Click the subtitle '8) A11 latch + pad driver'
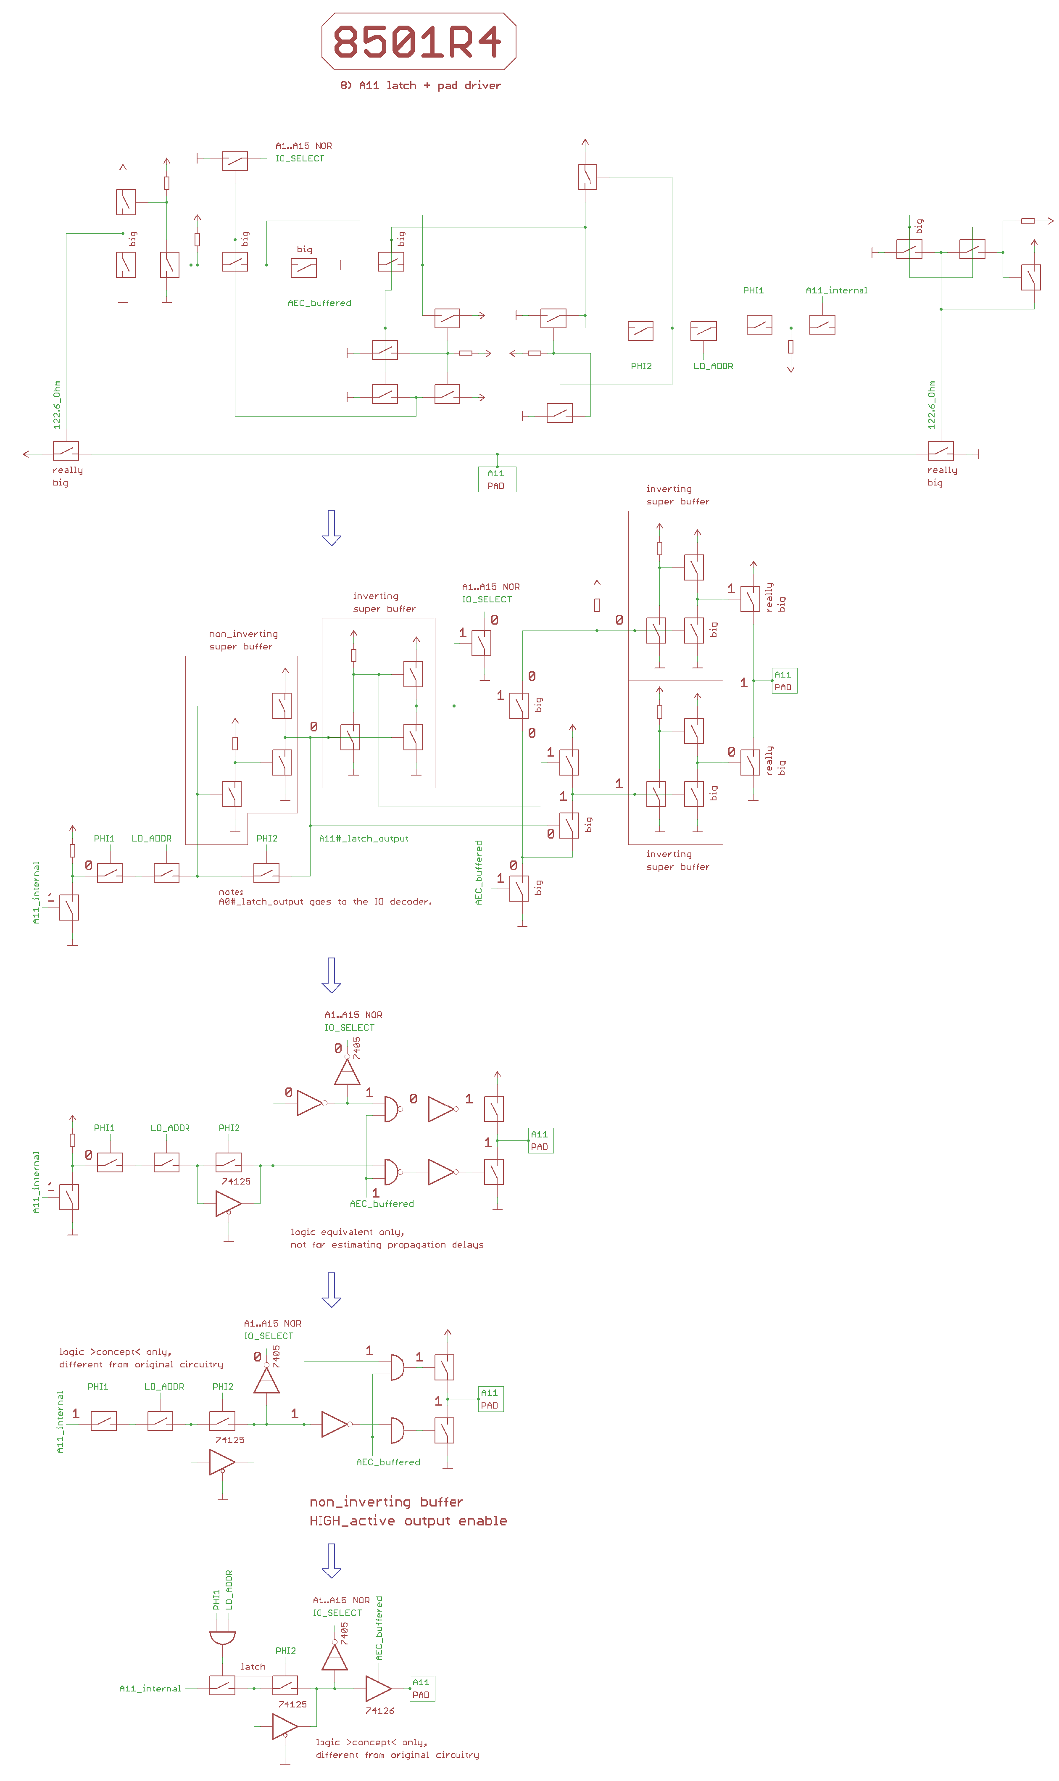point(420,86)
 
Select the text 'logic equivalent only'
point(347,1232)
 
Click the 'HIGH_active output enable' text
point(408,1521)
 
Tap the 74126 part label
point(379,1711)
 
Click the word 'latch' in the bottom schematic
point(253,1667)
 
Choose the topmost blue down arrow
point(331,528)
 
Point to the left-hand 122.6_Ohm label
point(57,405)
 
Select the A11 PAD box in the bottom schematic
point(422,1689)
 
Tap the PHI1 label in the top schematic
point(753,290)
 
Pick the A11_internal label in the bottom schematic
point(150,1689)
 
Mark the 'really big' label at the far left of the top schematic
point(67,476)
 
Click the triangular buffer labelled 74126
point(377,1689)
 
